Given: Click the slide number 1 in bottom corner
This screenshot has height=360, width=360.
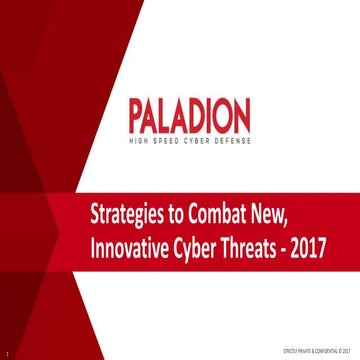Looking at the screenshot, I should (6, 351).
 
